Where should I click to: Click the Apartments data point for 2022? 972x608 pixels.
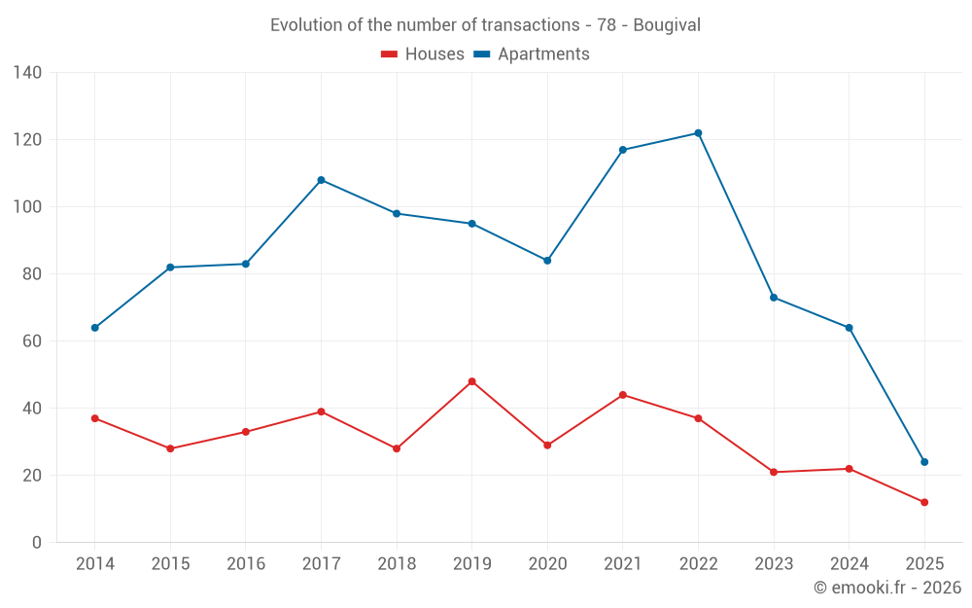pyautogui.click(x=698, y=133)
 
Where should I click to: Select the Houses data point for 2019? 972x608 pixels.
pyautogui.click(x=471, y=381)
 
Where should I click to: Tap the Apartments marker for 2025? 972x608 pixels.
pyautogui.click(x=924, y=462)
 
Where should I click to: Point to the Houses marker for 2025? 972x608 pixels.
pyautogui.click(x=924, y=502)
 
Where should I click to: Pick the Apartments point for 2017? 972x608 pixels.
pyautogui.click(x=321, y=180)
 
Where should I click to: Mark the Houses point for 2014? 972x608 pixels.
pyautogui.click(x=95, y=418)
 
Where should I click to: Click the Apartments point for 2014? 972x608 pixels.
pyautogui.click(x=95, y=328)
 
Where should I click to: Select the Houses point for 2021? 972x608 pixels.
pyautogui.click(x=623, y=395)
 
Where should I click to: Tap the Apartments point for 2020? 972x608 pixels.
pyautogui.click(x=547, y=261)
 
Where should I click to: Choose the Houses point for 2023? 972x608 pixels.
pyautogui.click(x=774, y=472)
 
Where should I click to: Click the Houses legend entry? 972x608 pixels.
pyautogui.click(x=423, y=54)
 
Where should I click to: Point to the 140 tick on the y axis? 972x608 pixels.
pyautogui.click(x=28, y=73)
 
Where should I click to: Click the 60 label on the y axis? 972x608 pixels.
pyautogui.click(x=32, y=341)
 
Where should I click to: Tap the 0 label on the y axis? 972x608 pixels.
pyautogui.click(x=37, y=543)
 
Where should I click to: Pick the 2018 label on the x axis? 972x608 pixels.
pyautogui.click(x=397, y=564)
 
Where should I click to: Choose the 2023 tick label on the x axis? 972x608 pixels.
pyautogui.click(x=774, y=564)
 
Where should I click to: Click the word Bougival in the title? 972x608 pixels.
pyautogui.click(x=667, y=25)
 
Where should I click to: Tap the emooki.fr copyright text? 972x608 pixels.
pyautogui.click(x=887, y=588)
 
